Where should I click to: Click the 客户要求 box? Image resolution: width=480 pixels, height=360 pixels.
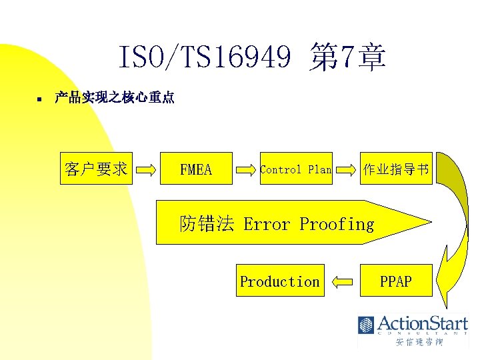tap(97, 169)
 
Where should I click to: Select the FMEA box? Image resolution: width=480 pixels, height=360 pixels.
tap(197, 169)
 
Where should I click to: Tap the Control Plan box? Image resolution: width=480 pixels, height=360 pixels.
tap(296, 169)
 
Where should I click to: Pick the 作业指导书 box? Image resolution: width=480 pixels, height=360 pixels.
tap(396, 169)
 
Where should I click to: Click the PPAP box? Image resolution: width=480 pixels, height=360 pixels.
tap(396, 281)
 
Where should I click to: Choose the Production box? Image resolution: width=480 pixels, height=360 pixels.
tap(280, 281)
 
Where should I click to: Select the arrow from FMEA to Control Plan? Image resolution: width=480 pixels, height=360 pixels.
tap(247, 170)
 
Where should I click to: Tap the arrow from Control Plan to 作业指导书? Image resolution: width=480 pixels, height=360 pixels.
tap(345, 170)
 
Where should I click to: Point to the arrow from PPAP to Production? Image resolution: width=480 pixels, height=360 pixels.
tap(343, 282)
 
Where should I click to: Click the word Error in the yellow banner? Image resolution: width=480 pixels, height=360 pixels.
tap(267, 224)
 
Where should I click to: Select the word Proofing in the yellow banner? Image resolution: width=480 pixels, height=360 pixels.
tap(337, 224)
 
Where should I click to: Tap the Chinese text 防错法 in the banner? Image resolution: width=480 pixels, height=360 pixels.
tap(207, 224)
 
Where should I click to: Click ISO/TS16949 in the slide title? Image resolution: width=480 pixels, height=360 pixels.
tap(205, 58)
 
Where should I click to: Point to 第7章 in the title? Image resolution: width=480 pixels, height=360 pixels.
tap(347, 58)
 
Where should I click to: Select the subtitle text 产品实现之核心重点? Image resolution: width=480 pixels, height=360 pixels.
tap(115, 98)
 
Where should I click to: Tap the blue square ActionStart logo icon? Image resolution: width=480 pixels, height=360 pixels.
tap(366, 325)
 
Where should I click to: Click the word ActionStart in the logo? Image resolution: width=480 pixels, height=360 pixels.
tap(422, 323)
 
